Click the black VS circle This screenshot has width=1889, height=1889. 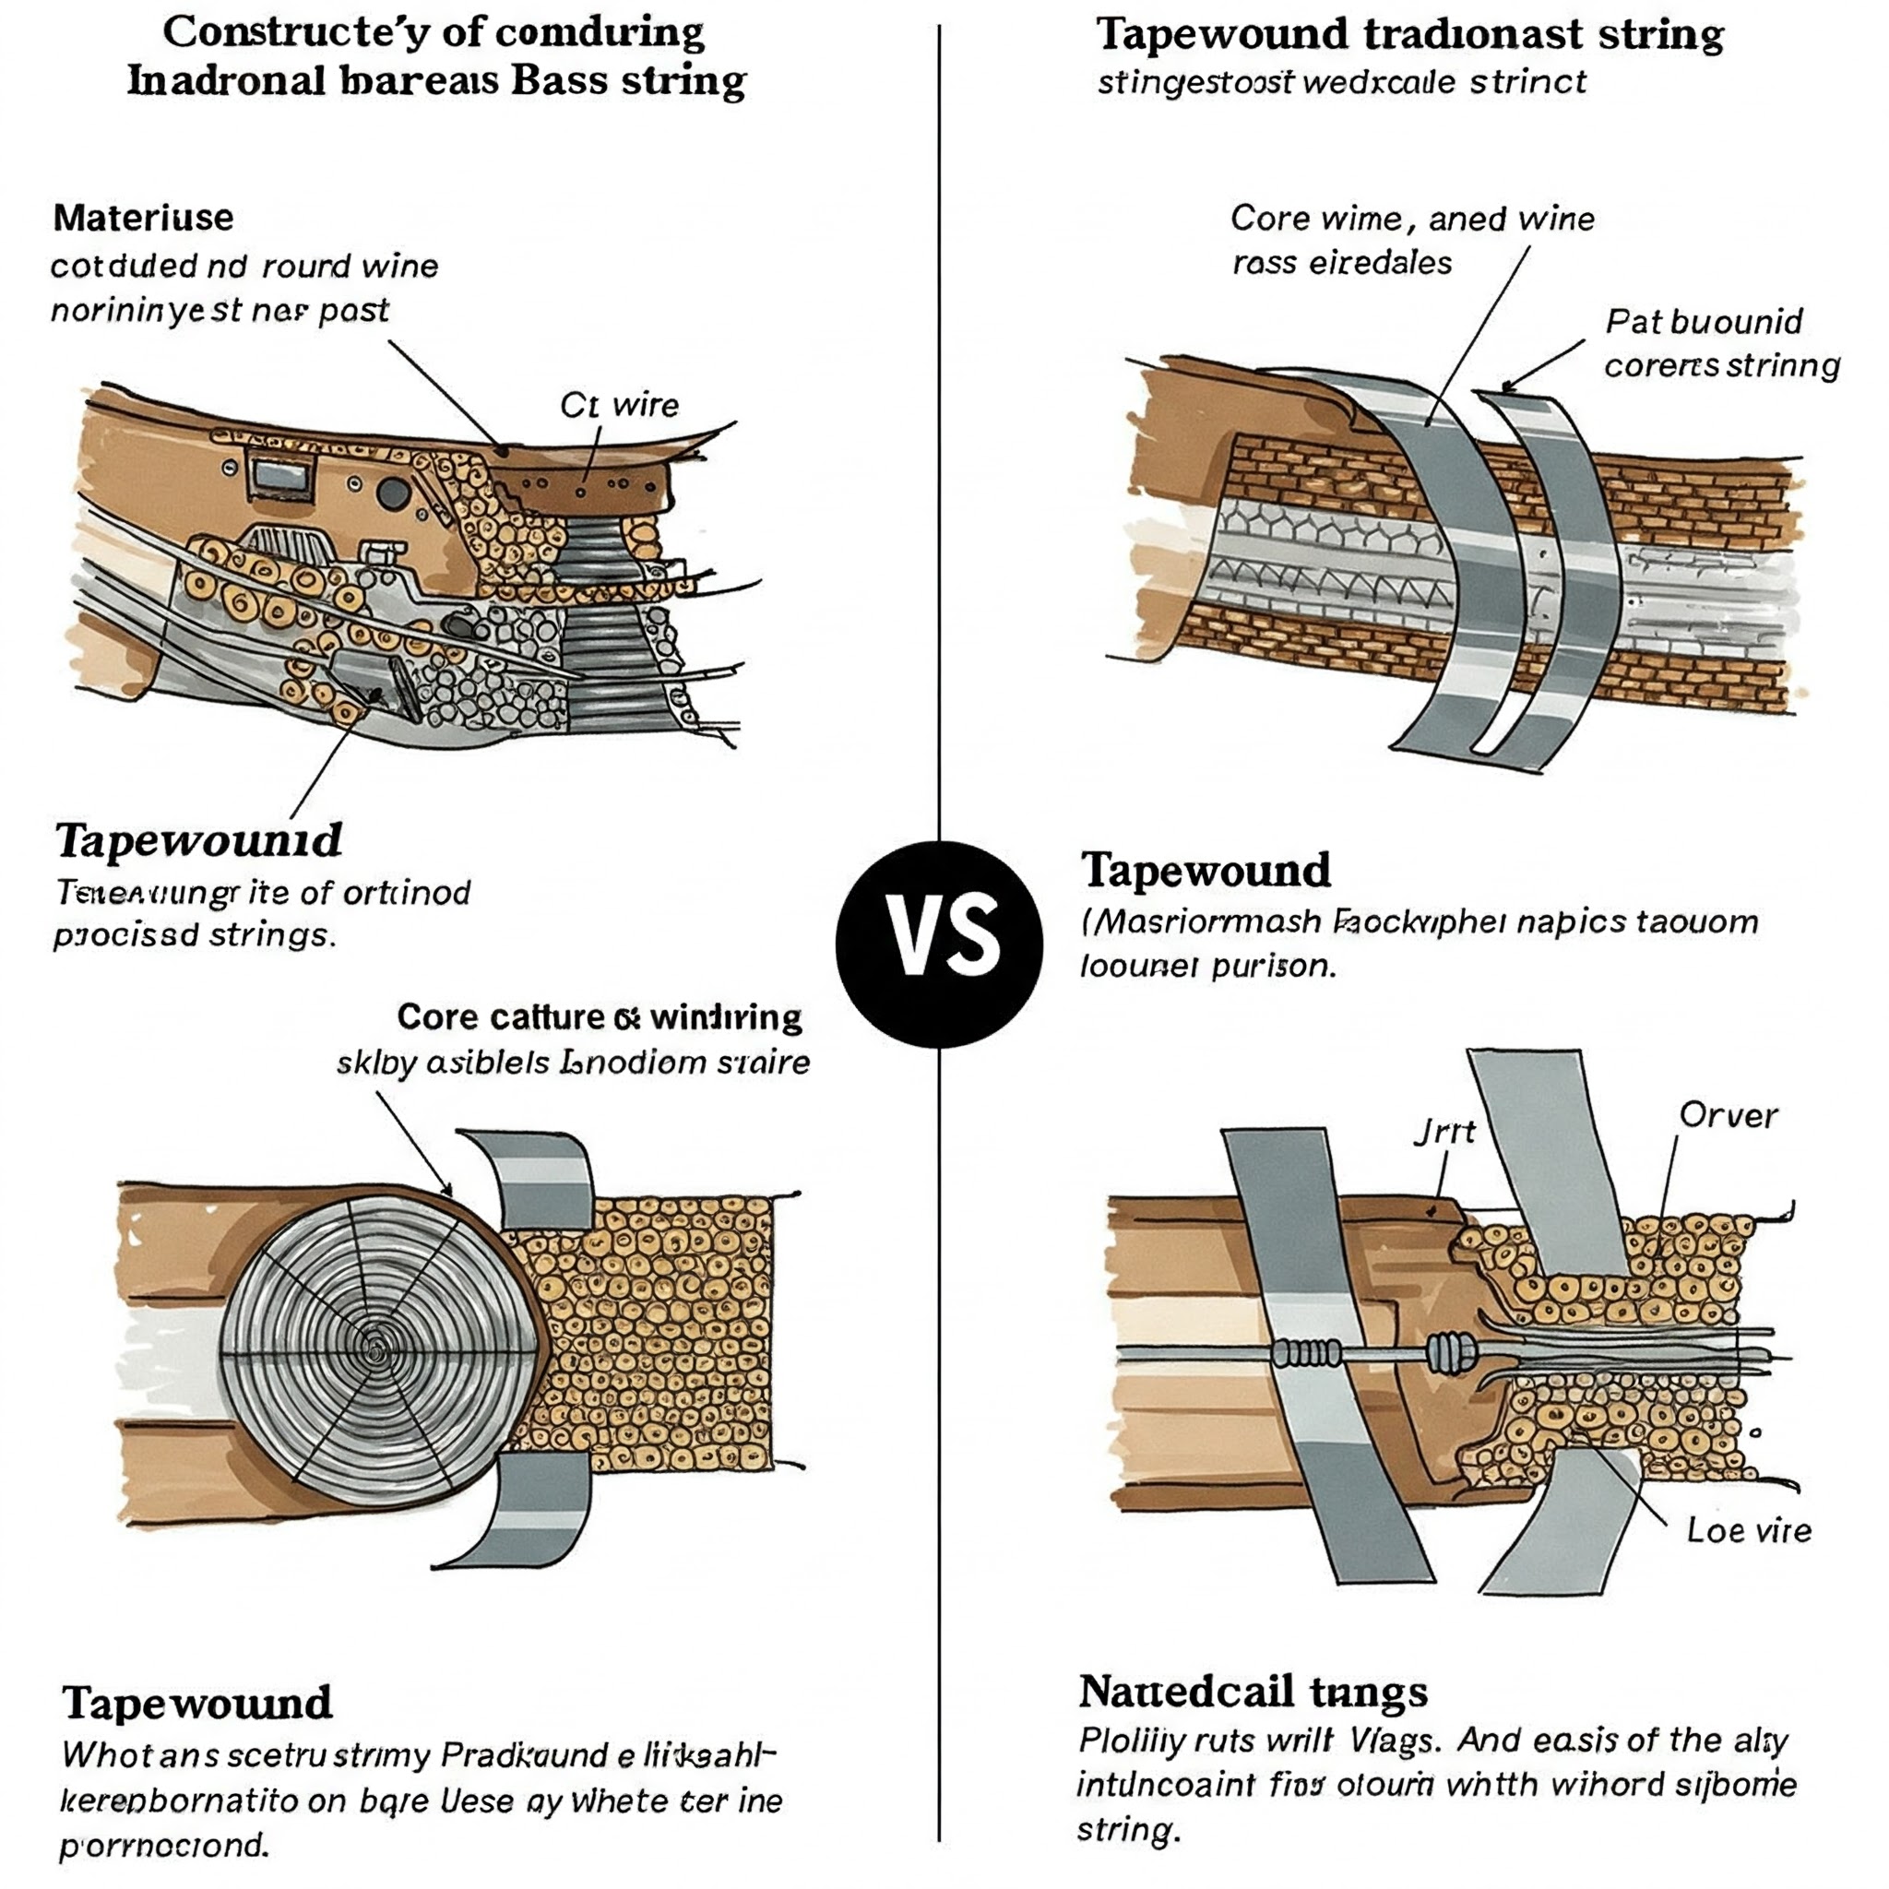[x=939, y=944]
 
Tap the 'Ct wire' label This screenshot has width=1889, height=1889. [x=619, y=405]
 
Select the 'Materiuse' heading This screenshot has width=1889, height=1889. [x=144, y=217]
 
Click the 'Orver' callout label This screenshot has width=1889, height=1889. [x=1728, y=1116]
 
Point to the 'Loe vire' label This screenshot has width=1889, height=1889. [x=1748, y=1530]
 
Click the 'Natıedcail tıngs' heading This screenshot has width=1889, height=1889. [x=1253, y=1691]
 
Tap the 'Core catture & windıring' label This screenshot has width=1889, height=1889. [x=600, y=1018]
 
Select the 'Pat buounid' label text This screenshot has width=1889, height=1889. [x=1705, y=322]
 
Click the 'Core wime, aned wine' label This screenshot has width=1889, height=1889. [x=1412, y=218]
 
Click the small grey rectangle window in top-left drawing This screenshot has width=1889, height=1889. [x=281, y=476]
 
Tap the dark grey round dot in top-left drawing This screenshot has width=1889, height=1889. [x=391, y=493]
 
